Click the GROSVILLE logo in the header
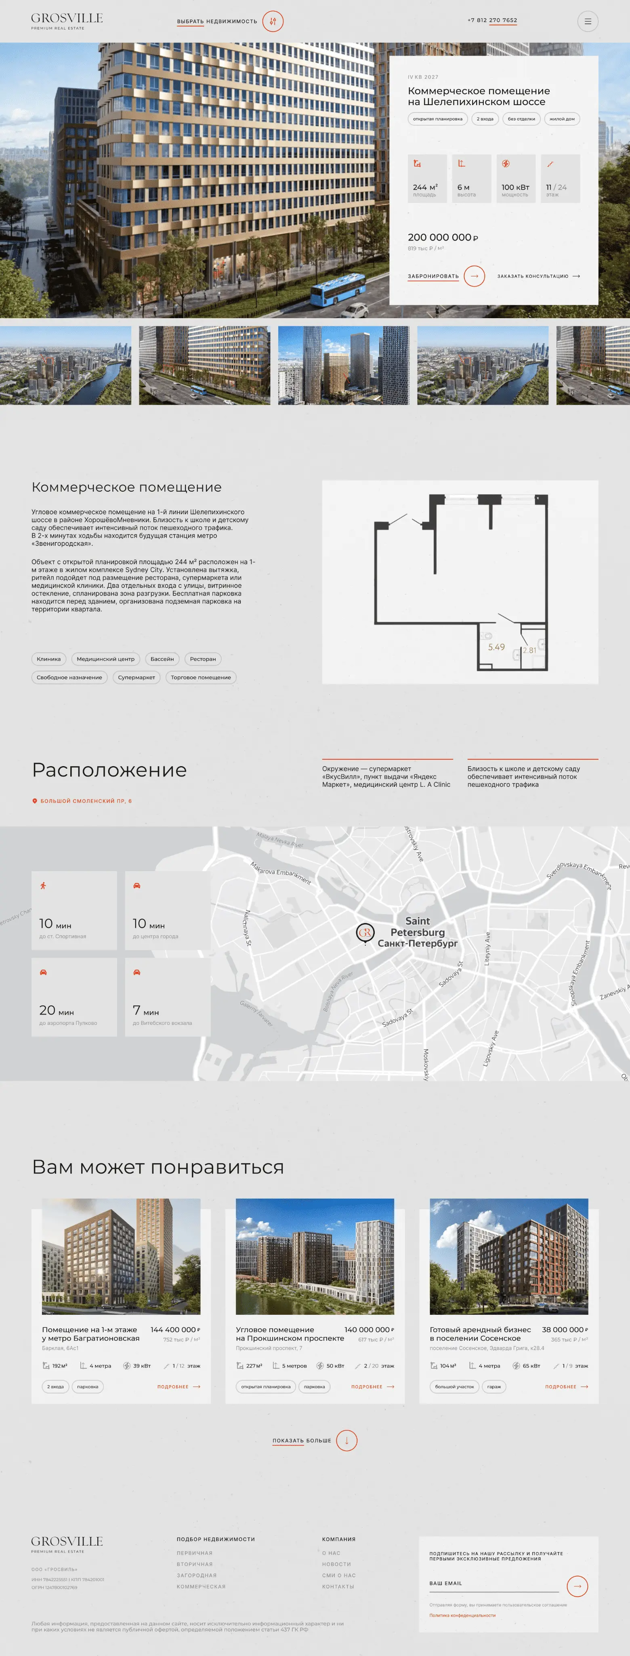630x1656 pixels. (67, 21)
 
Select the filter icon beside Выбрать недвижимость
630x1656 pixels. (273, 21)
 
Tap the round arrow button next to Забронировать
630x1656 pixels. (474, 276)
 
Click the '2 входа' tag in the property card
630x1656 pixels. (485, 119)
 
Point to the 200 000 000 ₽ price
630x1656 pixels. (443, 237)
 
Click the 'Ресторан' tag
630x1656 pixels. (203, 659)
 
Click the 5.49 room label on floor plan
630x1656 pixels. (496, 647)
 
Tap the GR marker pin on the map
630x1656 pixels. (365, 933)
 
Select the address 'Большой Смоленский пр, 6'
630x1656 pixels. (85, 801)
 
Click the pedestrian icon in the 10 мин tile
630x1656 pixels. (43, 886)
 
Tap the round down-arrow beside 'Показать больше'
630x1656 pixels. (347, 1440)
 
